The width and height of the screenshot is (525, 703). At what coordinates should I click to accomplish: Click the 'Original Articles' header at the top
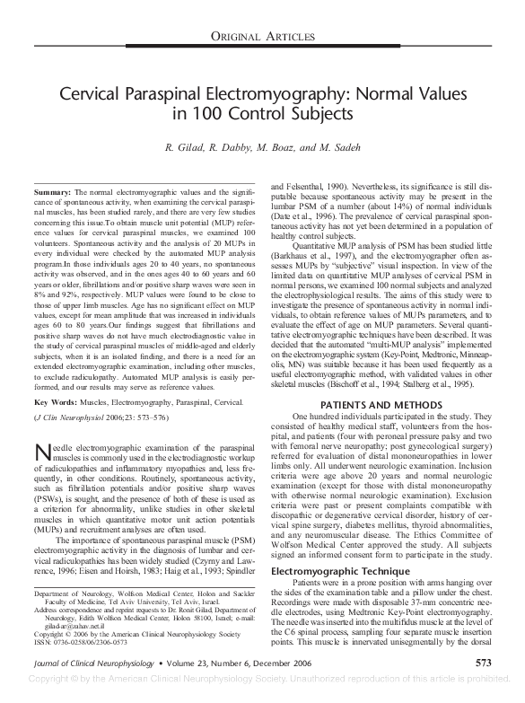(x=262, y=36)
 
